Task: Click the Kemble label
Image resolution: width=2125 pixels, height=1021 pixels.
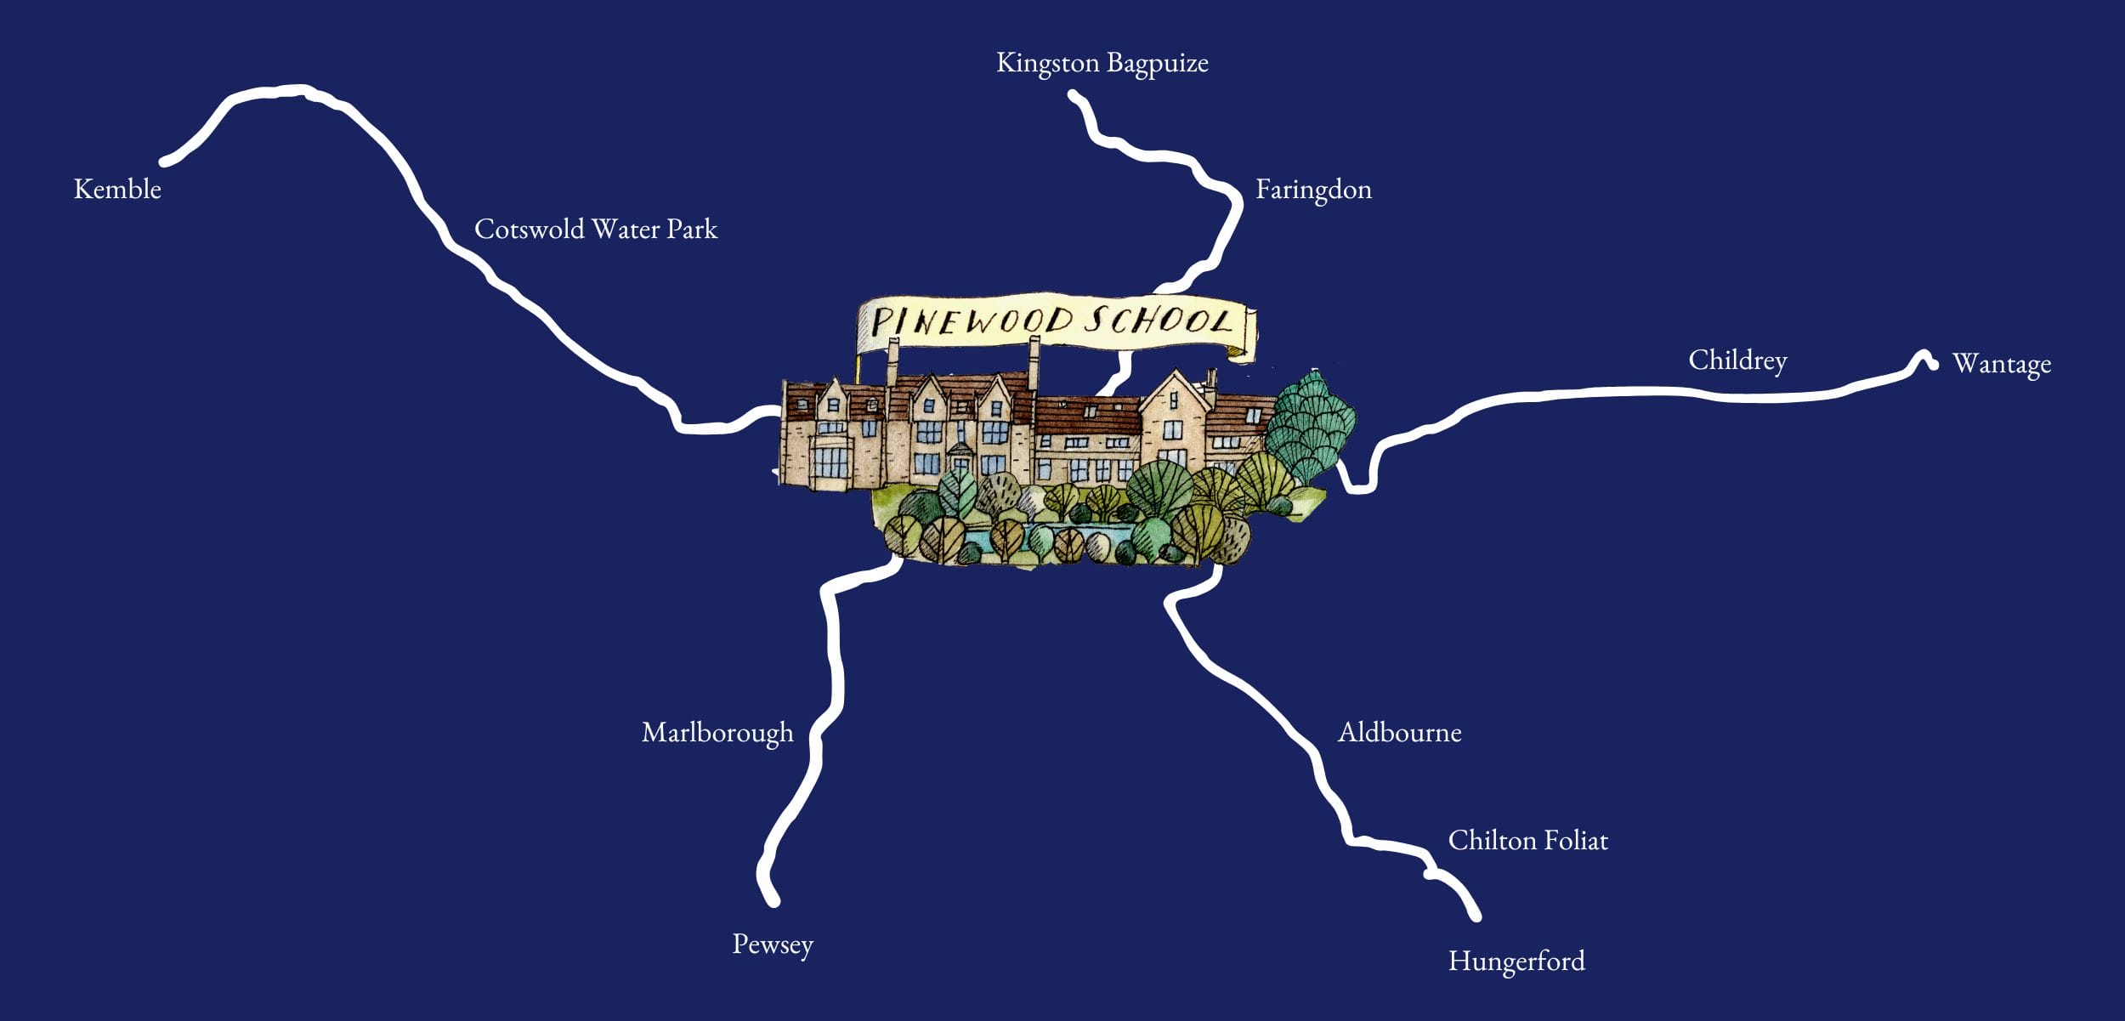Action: [117, 189]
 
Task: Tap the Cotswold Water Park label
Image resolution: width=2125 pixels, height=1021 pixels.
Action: [595, 230]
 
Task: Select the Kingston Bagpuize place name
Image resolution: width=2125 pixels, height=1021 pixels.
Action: [1102, 64]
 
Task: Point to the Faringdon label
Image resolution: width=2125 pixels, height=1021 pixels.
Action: [1313, 190]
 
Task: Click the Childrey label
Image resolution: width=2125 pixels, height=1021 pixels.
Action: [1737, 360]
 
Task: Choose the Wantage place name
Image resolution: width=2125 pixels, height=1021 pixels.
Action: [2001, 364]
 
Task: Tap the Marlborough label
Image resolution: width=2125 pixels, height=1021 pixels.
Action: [717, 733]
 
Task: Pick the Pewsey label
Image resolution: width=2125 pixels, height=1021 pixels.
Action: [773, 944]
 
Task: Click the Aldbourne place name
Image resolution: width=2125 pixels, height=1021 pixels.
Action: [1399, 733]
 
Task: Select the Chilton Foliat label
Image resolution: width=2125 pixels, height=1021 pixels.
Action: [1527, 841]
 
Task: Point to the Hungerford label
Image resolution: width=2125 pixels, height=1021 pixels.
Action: [1516, 961]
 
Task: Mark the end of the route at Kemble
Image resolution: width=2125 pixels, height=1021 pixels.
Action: [165, 161]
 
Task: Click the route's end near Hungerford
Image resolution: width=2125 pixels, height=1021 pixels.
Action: [1476, 916]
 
